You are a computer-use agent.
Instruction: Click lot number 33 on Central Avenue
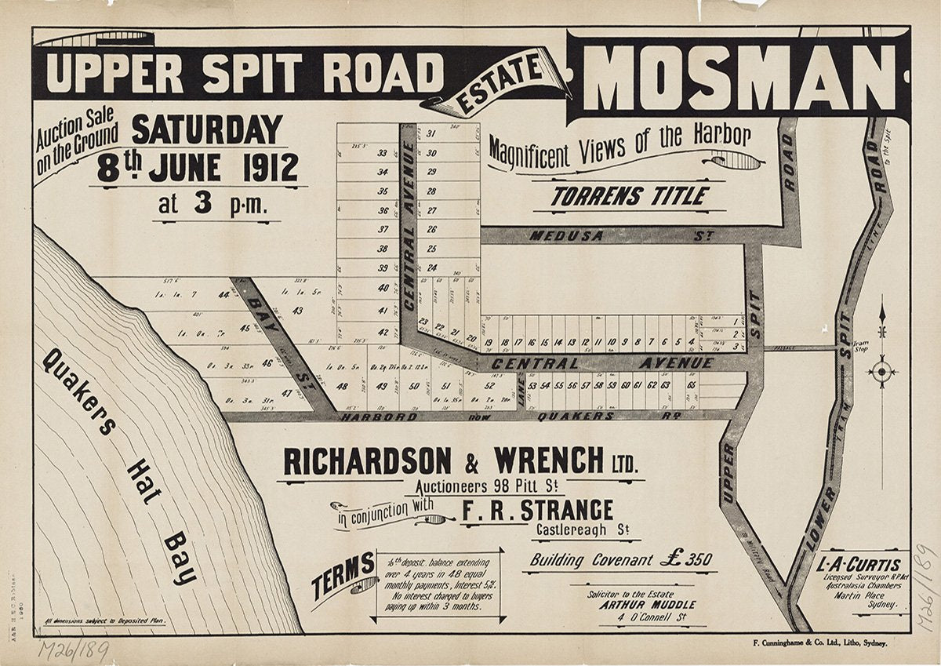[383, 154]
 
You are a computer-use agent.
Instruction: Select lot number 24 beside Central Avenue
[431, 267]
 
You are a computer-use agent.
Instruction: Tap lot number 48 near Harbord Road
[343, 386]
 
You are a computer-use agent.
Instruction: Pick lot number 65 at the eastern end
[691, 385]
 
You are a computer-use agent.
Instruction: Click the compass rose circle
[883, 370]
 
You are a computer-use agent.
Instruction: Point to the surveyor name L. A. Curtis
[852, 563]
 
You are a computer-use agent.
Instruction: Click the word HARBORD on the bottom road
[369, 417]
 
